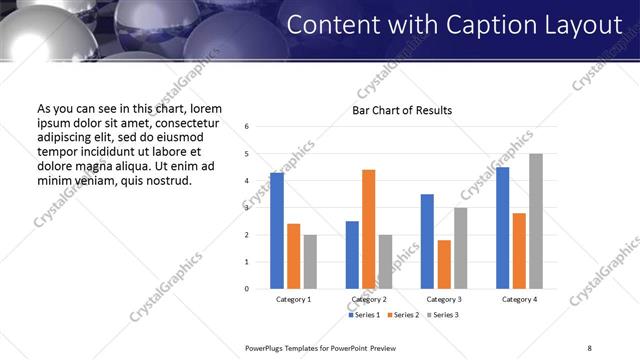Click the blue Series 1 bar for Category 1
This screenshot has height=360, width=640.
click(x=277, y=231)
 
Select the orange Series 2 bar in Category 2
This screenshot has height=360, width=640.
click(x=368, y=229)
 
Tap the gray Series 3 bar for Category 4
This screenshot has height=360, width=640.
click(x=536, y=221)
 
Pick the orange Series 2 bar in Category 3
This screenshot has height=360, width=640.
click(x=444, y=264)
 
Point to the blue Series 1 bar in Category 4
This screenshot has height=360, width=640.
click(x=503, y=228)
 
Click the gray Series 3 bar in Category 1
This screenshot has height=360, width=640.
click(x=310, y=262)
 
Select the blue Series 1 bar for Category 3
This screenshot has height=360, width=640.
click(x=427, y=241)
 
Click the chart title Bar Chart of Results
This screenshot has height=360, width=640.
click(x=402, y=110)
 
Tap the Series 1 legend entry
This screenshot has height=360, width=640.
click(x=364, y=315)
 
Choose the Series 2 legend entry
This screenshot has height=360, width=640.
click(x=402, y=315)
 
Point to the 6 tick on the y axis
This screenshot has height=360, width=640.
click(x=247, y=127)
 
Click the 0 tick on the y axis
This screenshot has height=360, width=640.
click(x=247, y=289)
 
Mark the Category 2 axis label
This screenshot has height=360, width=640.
click(x=368, y=299)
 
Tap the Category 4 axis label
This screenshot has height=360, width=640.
click(x=520, y=299)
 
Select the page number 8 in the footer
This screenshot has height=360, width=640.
click(x=588, y=347)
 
